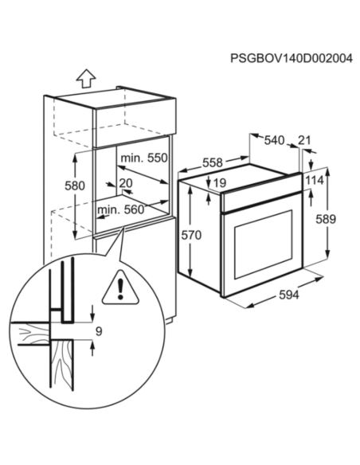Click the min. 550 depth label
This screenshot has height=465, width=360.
coord(144,158)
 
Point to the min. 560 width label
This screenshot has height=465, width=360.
coord(122,210)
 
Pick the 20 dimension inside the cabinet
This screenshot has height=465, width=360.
coord(125,183)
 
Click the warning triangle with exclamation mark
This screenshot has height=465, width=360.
coord(119,283)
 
